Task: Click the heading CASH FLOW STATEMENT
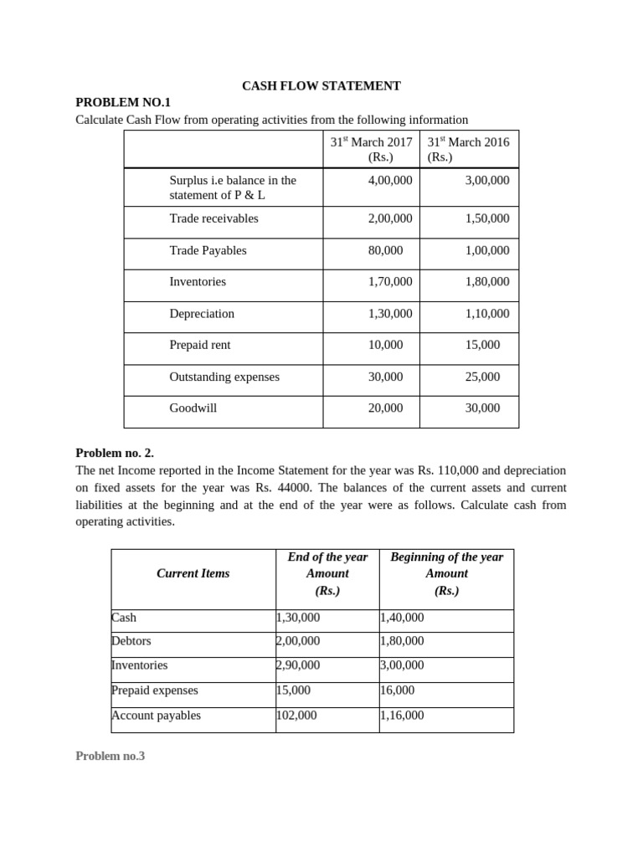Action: coord(321,85)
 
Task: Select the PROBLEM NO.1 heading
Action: coord(122,102)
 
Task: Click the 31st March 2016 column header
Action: coord(468,149)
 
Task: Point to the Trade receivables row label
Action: coord(213,218)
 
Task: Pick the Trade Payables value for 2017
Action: coord(385,250)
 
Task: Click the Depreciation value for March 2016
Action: coord(486,314)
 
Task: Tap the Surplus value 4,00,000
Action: coord(390,180)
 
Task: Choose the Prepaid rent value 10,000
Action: coord(385,345)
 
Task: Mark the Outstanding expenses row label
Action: coord(224,377)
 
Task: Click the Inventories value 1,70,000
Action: coord(390,282)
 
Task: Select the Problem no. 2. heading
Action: coord(115,453)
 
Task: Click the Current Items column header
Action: coord(193,573)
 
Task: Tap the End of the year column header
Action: coord(327,573)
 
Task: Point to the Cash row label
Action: coord(124,618)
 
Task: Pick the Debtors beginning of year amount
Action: coord(402,641)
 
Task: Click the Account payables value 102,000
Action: coord(296,716)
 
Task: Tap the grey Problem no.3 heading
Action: coord(111,756)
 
